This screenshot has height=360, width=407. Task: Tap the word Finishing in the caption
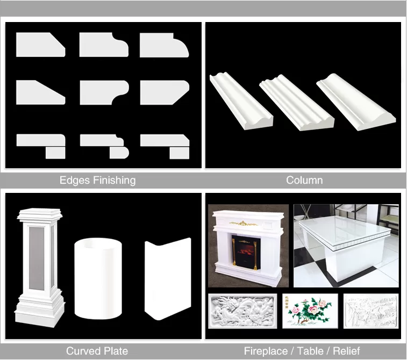114,180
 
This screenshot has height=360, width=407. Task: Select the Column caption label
304,180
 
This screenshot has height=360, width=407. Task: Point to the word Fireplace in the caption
266,351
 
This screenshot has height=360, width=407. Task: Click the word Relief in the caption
346,351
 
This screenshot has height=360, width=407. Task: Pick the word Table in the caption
310,351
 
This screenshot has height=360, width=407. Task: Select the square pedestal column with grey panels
39,267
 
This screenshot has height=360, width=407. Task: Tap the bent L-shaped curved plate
168,279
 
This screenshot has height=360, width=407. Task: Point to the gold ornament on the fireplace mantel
243,223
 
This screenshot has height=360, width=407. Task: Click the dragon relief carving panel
242,311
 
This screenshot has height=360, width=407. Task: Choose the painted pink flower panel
310,311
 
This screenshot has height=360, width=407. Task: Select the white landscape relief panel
371,311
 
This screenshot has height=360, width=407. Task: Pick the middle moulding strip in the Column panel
297,102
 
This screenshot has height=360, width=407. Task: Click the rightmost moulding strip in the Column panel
356,102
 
